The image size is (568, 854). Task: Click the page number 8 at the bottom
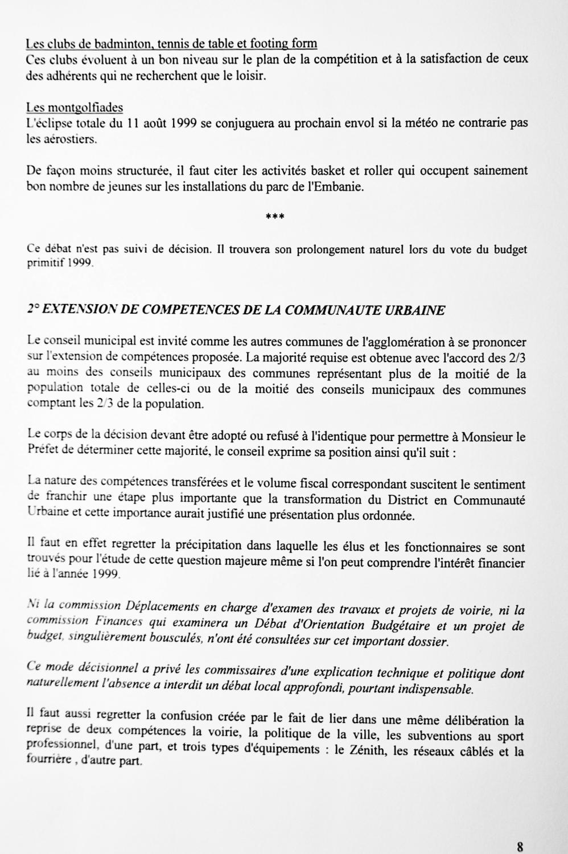tap(520, 846)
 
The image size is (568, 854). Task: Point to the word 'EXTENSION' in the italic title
tap(87, 310)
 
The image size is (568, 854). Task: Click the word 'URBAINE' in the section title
tap(415, 310)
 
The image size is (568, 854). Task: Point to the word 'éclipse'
tap(54, 123)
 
